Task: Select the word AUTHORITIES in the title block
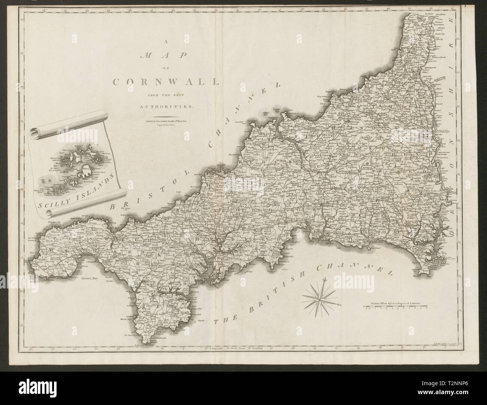click(x=166, y=106)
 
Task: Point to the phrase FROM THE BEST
click(x=166, y=94)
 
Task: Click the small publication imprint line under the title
click(x=166, y=121)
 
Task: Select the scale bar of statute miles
click(x=395, y=308)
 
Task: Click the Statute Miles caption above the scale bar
click(x=395, y=302)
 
